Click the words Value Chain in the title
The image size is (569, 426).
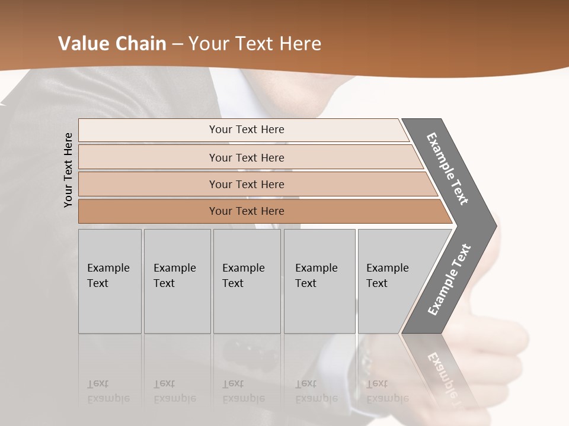coord(112,44)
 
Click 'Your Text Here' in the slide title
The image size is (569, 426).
coord(255,44)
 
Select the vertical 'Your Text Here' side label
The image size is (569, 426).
coord(68,170)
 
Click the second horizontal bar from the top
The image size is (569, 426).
coord(246,157)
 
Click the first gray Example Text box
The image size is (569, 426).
coord(110,281)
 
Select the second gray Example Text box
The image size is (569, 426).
coord(177,281)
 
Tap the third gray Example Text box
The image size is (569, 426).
coord(247,281)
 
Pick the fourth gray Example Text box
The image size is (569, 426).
coord(319,281)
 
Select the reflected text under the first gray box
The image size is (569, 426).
coord(108,391)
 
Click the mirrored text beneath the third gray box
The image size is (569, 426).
coord(243,391)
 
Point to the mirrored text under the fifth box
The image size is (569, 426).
coord(386,391)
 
